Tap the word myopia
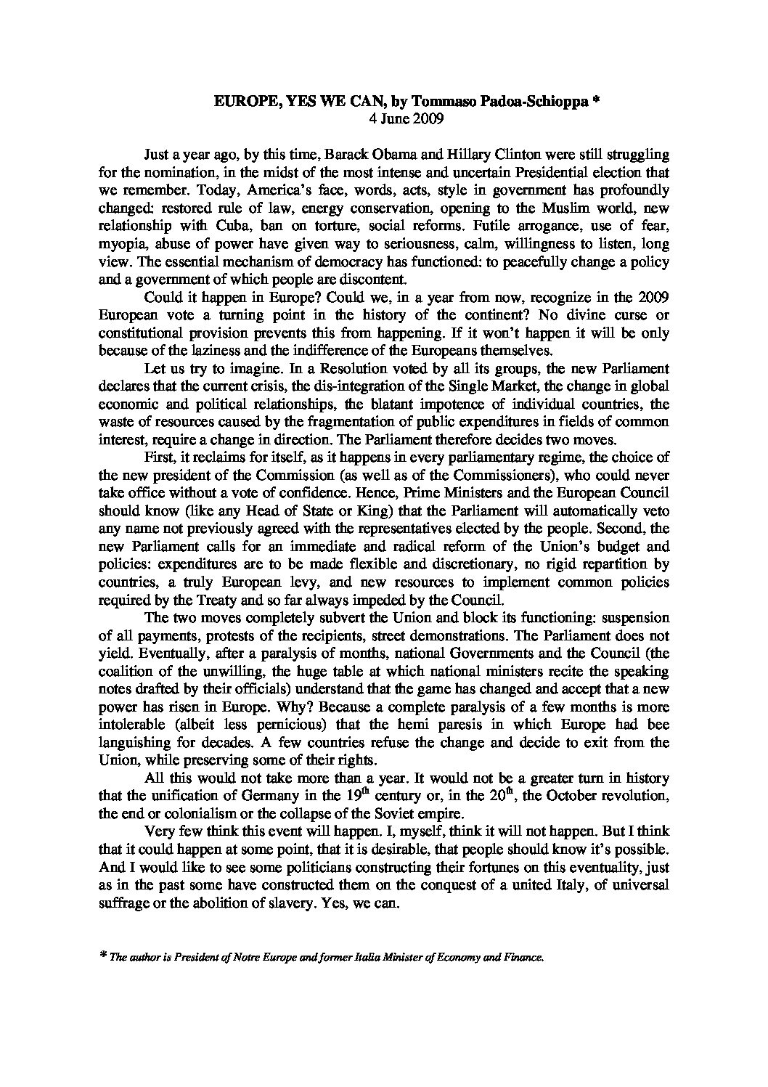120,243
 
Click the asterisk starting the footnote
102,957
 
